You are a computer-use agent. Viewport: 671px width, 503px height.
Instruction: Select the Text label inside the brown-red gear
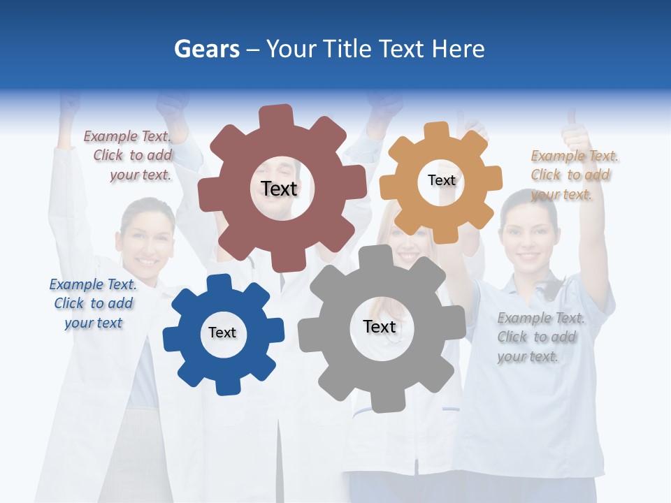279,189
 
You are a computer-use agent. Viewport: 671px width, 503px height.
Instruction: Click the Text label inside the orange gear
441,180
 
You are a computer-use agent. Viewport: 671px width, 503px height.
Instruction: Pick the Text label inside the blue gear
222,333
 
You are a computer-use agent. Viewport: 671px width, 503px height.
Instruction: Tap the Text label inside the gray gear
380,326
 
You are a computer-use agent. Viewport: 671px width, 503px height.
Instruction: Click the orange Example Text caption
574,175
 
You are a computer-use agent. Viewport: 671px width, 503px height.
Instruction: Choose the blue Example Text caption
93,304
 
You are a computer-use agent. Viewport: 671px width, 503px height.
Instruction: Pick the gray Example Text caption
540,337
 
